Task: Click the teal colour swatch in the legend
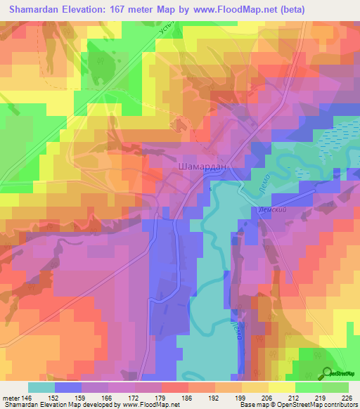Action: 41,387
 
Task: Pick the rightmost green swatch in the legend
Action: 335,387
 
